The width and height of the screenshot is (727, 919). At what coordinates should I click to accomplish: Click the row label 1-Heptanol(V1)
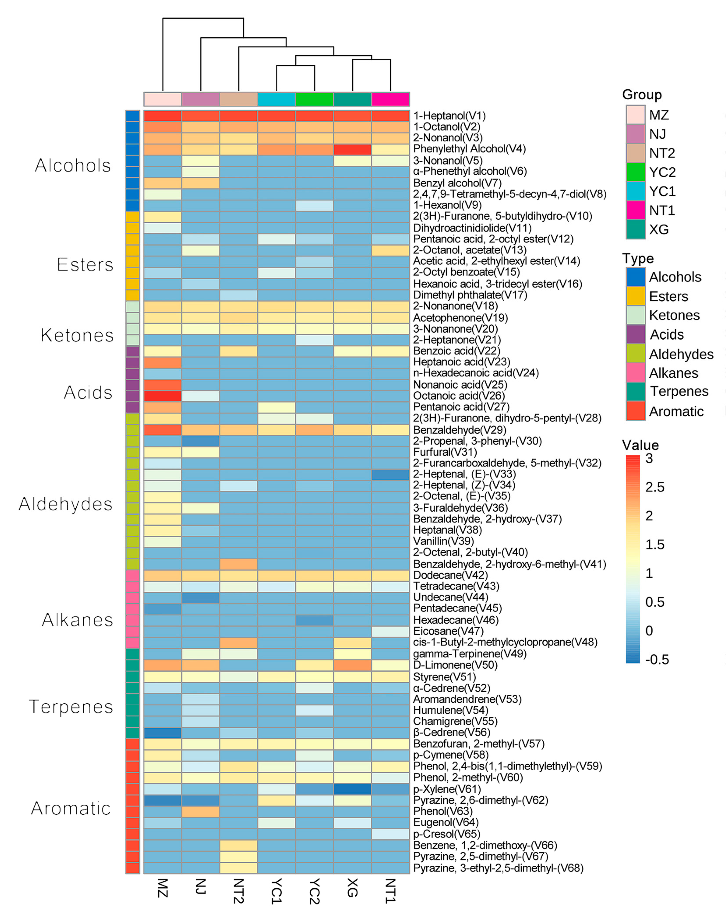pos(449,116)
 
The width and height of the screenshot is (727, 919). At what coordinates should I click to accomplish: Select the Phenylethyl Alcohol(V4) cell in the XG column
pos(353,149)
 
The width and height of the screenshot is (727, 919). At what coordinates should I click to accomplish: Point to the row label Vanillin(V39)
pos(443,541)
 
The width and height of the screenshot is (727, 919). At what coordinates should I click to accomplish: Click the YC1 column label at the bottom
pos(277,891)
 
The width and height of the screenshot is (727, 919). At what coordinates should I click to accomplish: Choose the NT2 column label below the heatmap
pos(239,891)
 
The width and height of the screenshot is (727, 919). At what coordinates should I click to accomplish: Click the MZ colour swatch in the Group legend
pos(635,115)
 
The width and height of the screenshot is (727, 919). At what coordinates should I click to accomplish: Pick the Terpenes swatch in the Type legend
pos(635,391)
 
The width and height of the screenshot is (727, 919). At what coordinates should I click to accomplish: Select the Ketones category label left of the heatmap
pos(77,335)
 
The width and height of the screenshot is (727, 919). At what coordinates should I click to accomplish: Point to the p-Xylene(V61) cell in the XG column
pos(353,789)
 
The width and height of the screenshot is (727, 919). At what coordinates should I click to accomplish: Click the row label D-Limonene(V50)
pos(455,665)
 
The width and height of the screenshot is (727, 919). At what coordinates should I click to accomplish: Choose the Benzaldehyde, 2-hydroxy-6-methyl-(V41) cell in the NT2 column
pos(239,564)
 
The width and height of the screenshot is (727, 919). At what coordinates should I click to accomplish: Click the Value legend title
pos(640,445)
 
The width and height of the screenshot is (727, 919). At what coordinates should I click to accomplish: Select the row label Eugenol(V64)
pos(446,822)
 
